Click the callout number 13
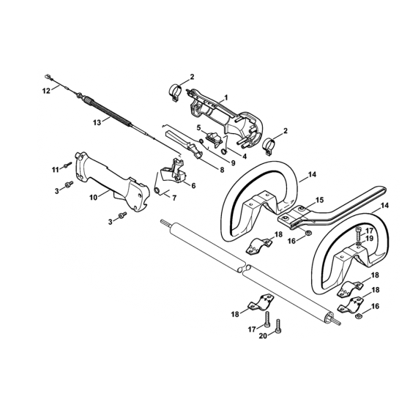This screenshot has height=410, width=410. tap(97, 122)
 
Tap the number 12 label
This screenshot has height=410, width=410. tap(46, 91)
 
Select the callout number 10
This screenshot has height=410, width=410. tap(94, 198)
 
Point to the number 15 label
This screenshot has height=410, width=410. tap(319, 200)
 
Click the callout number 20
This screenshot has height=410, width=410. tap(263, 336)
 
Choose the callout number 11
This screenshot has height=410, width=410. tap(55, 170)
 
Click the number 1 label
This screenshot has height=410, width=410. tap(226, 98)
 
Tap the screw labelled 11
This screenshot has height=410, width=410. tap(67, 165)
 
